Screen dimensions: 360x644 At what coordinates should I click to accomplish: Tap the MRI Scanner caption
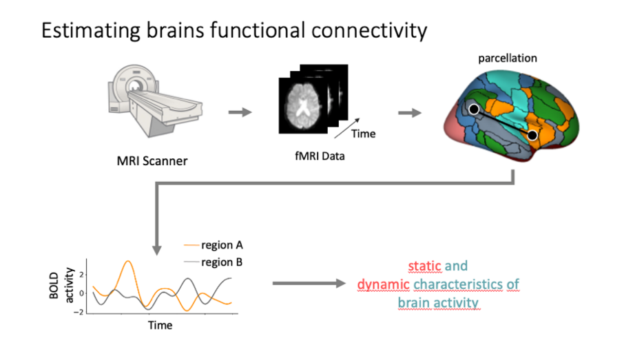[x=152, y=162]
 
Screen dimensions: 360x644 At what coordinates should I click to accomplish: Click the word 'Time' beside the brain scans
[x=363, y=134]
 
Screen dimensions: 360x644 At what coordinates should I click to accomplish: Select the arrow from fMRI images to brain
[x=411, y=112]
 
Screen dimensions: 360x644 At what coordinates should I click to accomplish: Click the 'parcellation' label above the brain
[x=508, y=59]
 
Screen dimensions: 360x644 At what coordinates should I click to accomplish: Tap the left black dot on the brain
[x=474, y=109]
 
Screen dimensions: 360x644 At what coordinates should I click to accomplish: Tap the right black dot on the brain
[x=532, y=135]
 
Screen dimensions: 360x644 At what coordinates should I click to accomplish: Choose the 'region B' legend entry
[x=222, y=262]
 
